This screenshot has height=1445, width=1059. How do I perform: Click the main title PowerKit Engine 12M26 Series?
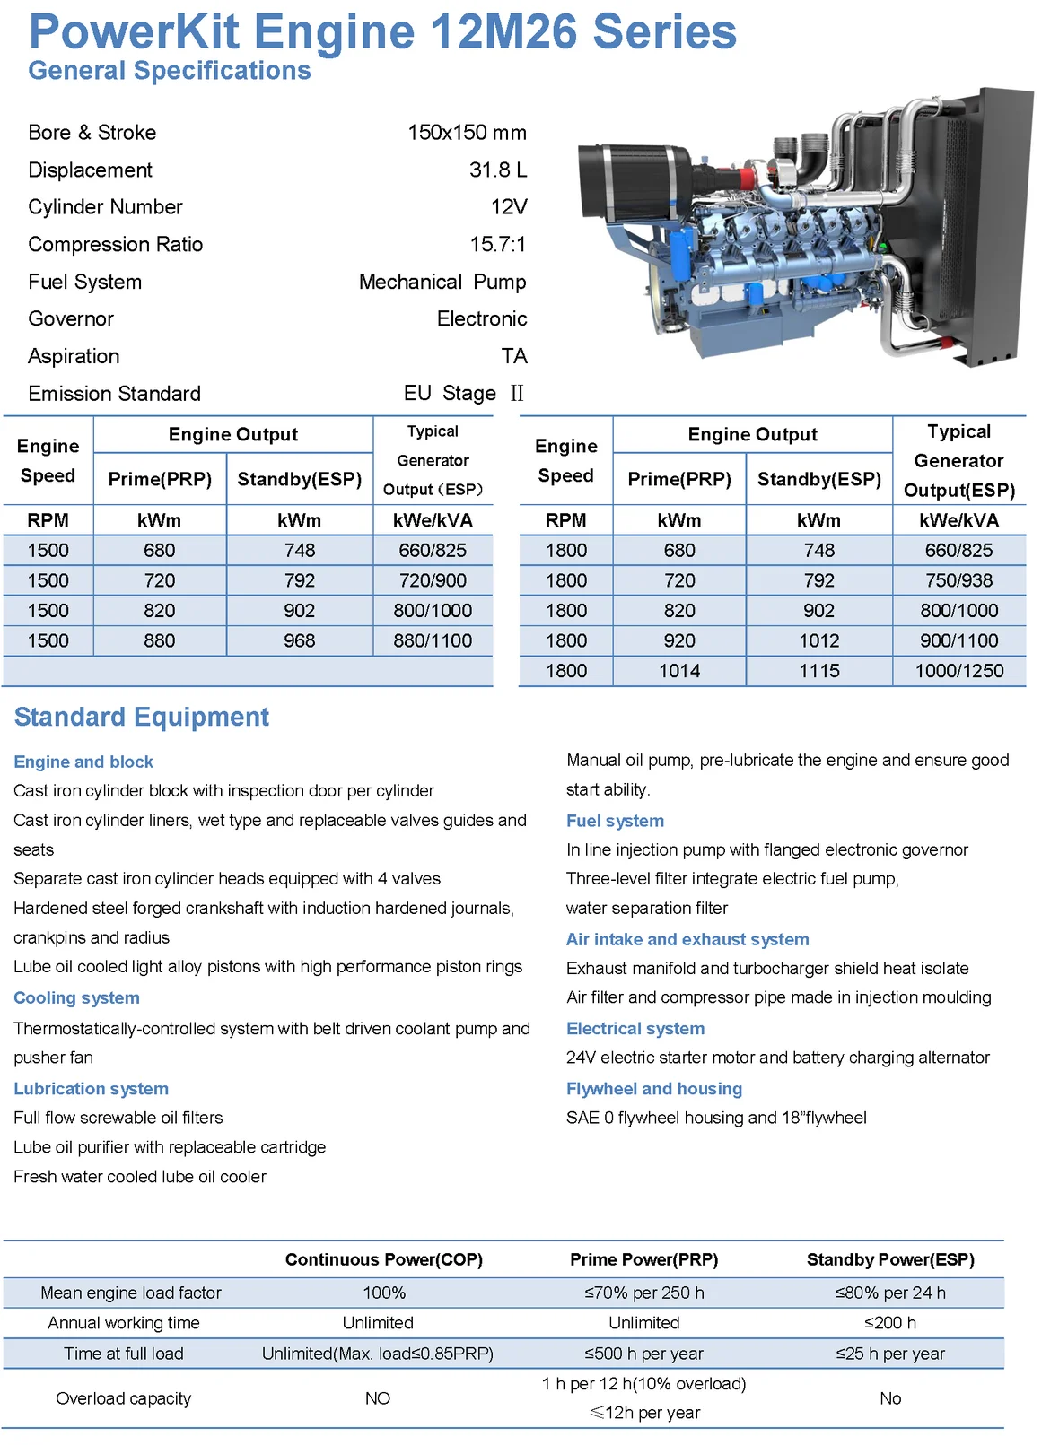[x=382, y=32]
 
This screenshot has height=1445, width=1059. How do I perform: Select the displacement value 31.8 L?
[x=497, y=170]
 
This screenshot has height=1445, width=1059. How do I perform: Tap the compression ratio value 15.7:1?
[x=497, y=245]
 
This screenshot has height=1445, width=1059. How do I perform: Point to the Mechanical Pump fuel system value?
[x=442, y=283]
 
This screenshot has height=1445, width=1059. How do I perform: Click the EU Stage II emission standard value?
[x=463, y=394]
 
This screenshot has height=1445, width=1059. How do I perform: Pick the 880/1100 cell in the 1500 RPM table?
[x=433, y=641]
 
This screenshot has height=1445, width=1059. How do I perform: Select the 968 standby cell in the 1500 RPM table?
[x=299, y=641]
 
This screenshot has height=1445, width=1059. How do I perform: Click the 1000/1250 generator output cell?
[x=958, y=671]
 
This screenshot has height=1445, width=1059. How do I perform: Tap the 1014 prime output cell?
[x=679, y=671]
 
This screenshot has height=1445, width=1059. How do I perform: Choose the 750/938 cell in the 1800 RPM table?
[x=958, y=581]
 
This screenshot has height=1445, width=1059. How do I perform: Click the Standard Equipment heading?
[x=142, y=718]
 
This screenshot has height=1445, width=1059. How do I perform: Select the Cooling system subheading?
[x=77, y=998]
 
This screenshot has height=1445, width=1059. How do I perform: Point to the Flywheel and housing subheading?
[x=654, y=1089]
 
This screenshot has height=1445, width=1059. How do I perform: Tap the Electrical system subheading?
[x=635, y=1029]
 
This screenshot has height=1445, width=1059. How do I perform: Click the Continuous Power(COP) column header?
[x=384, y=1260]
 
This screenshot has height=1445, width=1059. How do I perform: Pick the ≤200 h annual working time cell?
[x=890, y=1323]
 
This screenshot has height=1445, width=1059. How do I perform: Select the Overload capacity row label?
[x=124, y=1398]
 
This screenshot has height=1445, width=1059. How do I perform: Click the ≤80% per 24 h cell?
[x=890, y=1293]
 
